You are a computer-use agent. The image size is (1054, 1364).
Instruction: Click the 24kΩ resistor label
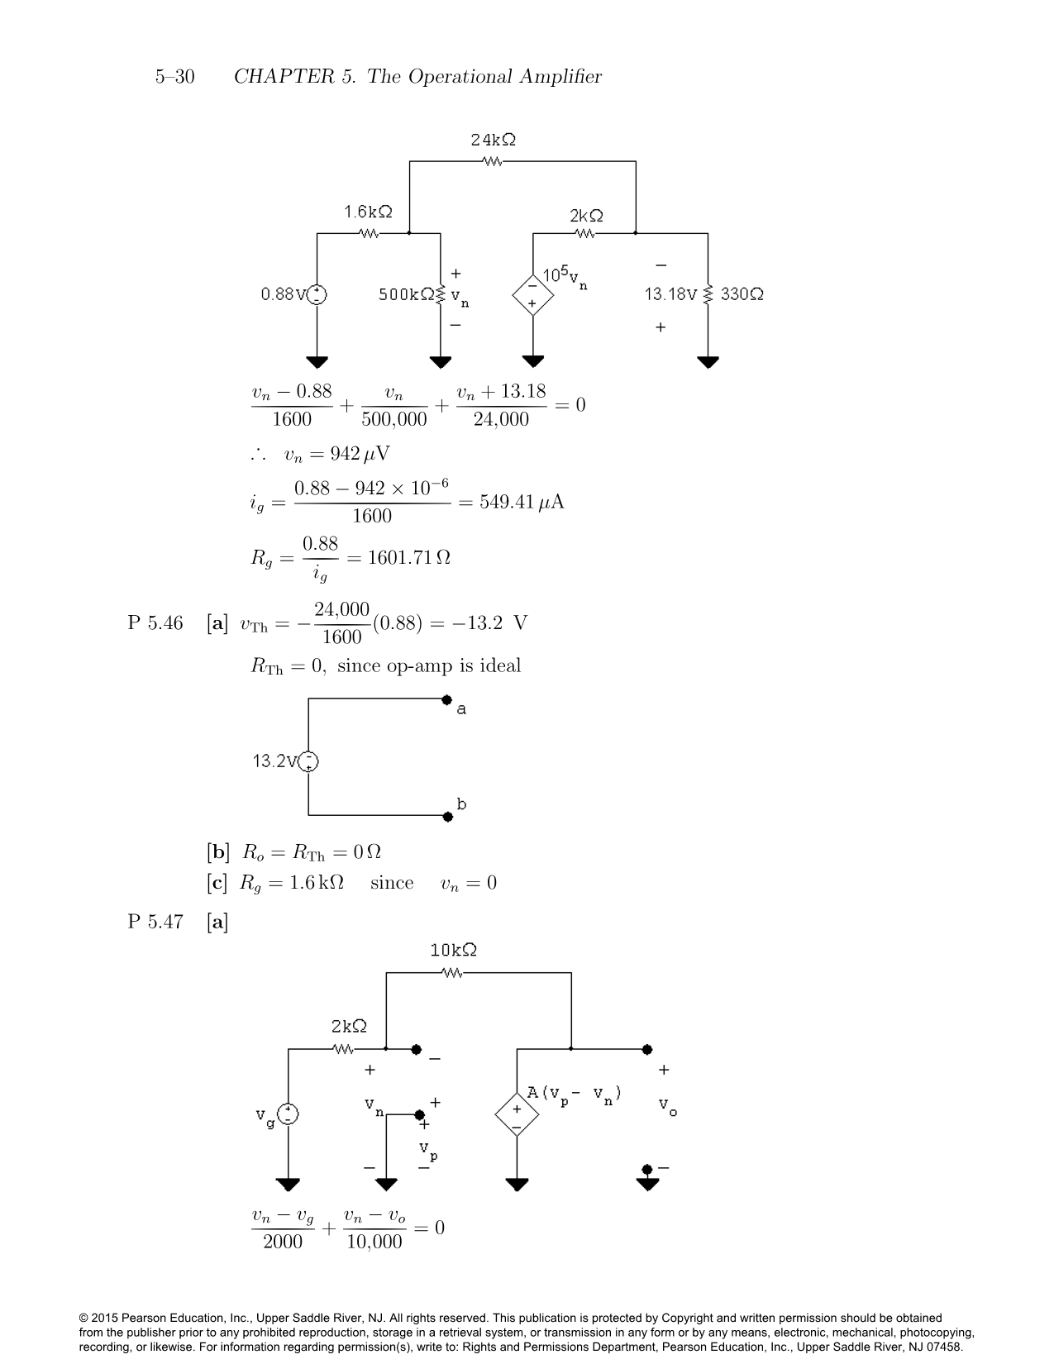tap(494, 140)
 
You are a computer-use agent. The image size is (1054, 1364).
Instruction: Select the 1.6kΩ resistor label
tap(368, 212)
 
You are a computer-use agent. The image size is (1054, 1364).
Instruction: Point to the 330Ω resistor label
tap(742, 293)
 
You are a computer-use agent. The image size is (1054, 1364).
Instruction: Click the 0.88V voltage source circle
tap(317, 294)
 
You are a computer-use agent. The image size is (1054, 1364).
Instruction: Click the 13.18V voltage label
tap(671, 294)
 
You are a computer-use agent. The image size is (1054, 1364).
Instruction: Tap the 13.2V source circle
tap(308, 761)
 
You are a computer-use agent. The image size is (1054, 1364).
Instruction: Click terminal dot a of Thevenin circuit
tap(447, 700)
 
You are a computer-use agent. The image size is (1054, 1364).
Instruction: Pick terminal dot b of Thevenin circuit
tap(447, 817)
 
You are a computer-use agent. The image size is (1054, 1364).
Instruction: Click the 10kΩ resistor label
tap(453, 951)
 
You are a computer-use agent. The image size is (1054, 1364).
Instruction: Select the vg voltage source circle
tap(288, 1114)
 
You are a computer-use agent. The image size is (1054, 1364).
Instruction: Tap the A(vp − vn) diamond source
tap(517, 1114)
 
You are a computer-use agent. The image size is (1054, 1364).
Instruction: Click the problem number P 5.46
tap(155, 622)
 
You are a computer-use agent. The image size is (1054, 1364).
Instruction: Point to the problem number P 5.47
tap(155, 922)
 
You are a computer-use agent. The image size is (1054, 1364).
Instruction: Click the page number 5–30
tap(174, 77)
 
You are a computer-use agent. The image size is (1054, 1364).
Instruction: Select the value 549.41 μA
tap(522, 503)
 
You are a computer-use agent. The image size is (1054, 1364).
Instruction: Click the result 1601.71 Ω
tap(408, 558)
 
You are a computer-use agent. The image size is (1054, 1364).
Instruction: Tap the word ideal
tap(498, 665)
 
